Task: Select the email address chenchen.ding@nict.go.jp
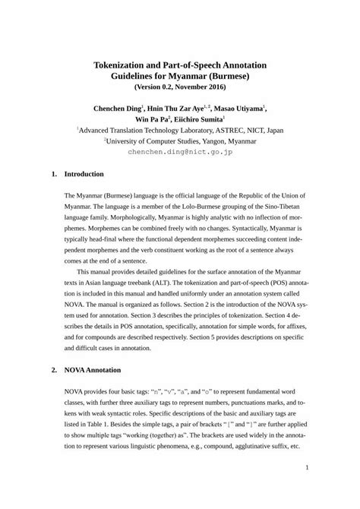point(179,152)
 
